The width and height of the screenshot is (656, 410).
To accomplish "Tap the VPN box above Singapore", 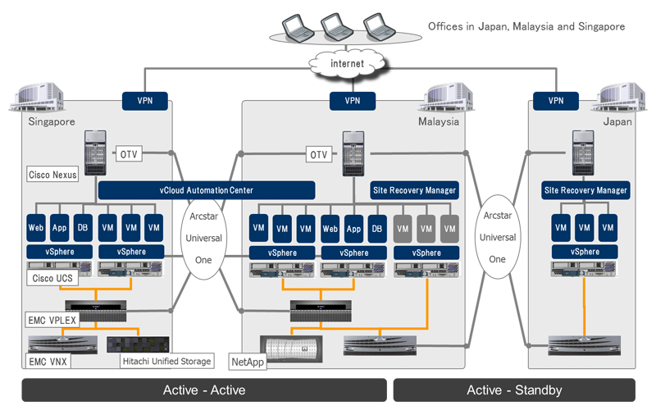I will click(x=147, y=101).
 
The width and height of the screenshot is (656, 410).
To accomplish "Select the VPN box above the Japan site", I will click(x=556, y=101).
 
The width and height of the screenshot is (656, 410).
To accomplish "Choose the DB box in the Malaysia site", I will click(x=376, y=226).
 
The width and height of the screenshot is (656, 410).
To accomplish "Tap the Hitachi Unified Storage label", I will click(x=167, y=360).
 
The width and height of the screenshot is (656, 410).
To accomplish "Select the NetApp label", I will click(x=247, y=360).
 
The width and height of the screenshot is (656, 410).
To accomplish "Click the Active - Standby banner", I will click(x=513, y=389).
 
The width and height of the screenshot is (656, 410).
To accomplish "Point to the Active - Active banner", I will click(x=204, y=389).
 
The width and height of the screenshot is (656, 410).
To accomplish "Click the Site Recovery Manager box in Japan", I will click(x=585, y=190).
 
